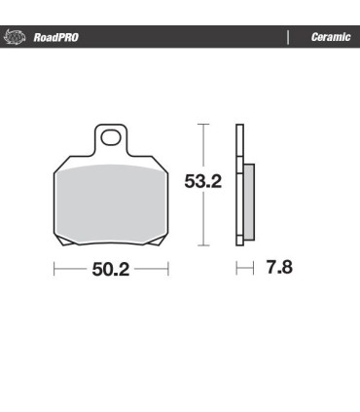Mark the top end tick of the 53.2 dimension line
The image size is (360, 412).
[202, 124]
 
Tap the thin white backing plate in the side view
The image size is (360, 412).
[238, 185]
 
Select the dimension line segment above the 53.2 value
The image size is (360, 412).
[202, 146]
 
